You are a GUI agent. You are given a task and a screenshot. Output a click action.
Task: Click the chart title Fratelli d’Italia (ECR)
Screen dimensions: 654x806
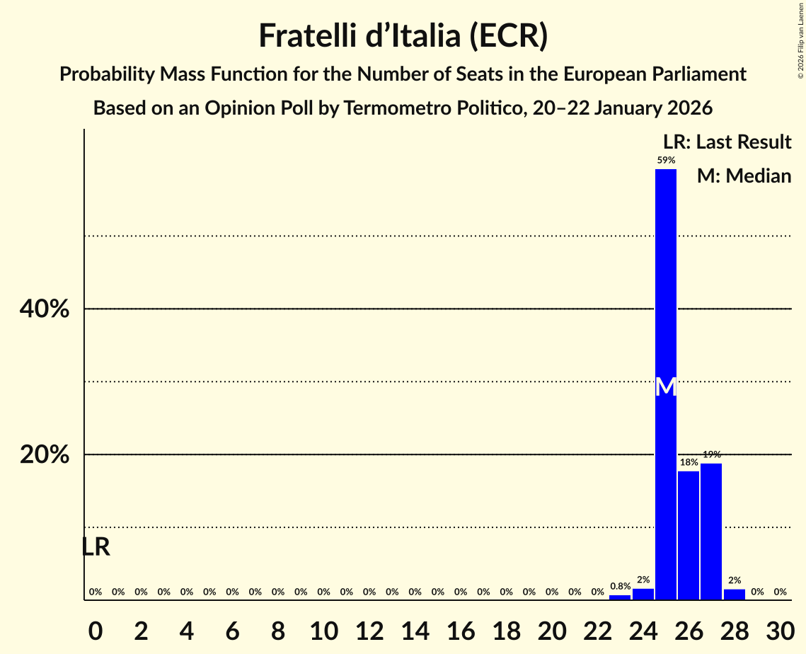click(x=403, y=36)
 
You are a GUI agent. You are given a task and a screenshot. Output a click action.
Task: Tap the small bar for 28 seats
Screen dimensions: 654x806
click(x=735, y=595)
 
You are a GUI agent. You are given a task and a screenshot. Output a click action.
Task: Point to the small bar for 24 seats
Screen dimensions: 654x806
click(x=643, y=595)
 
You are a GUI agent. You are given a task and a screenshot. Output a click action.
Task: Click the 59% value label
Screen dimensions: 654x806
click(x=666, y=161)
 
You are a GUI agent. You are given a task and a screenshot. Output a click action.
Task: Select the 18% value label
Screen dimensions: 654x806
click(x=689, y=462)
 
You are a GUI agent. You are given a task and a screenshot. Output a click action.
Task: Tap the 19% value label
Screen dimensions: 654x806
click(x=712, y=454)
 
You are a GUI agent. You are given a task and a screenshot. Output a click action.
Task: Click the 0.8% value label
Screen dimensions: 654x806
click(x=621, y=586)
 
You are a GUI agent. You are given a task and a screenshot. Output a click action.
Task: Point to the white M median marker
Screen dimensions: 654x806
click(x=666, y=387)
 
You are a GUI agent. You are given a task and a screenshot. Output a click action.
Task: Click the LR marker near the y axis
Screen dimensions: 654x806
click(x=96, y=547)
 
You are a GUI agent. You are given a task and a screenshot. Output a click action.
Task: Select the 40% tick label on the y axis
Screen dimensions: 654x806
click(x=45, y=309)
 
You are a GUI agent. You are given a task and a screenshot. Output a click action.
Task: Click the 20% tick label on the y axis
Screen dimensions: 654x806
click(x=45, y=455)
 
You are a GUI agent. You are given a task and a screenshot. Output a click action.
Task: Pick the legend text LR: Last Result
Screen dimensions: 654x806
click(x=727, y=142)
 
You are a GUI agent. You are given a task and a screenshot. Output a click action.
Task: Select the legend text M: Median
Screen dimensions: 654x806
click(x=744, y=176)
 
